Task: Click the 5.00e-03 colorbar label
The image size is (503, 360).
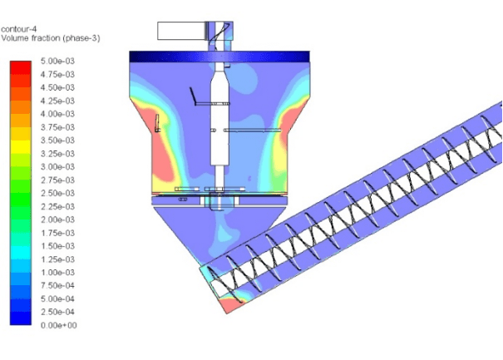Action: (57, 61)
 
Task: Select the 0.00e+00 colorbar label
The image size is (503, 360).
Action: (59, 325)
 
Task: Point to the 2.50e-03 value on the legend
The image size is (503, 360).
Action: (57, 193)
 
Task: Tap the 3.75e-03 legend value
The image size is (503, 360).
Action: (57, 127)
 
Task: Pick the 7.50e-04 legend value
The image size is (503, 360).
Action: (57, 285)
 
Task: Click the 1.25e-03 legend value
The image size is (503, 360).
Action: (57, 259)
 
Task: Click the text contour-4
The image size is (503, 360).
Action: (19, 29)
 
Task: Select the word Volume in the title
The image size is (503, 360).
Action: (14, 38)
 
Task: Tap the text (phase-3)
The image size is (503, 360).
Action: (81, 38)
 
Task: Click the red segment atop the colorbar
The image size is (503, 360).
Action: (21, 67)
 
